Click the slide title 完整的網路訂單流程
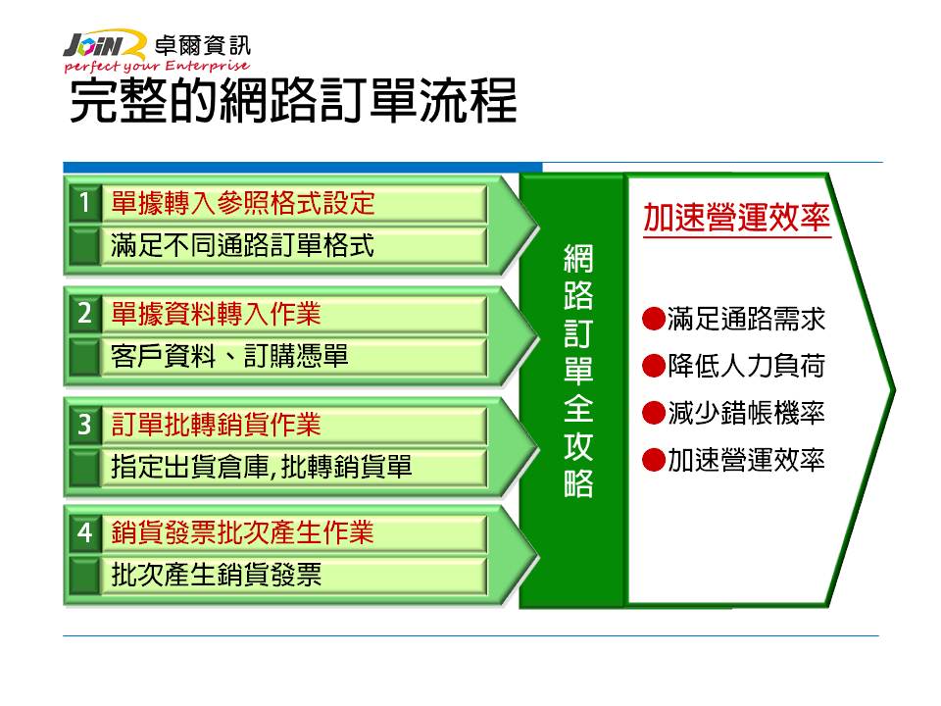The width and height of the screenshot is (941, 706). [x=293, y=101]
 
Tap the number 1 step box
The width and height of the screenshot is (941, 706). [x=84, y=202]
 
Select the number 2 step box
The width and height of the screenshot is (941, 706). [x=84, y=314]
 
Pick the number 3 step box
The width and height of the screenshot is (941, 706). [x=84, y=425]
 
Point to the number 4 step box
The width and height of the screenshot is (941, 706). [x=84, y=532]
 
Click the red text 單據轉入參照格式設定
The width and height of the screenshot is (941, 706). [x=243, y=203]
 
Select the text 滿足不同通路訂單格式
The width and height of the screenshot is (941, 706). [x=242, y=245]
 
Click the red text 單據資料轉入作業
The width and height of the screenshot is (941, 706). [x=216, y=314]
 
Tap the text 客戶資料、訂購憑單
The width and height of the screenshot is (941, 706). [x=229, y=355]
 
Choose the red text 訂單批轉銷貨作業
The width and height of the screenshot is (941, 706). [x=216, y=425]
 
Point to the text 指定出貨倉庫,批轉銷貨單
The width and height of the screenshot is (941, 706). [x=262, y=467]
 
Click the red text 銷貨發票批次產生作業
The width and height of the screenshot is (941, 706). [x=242, y=532]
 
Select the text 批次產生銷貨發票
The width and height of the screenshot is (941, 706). [x=216, y=575]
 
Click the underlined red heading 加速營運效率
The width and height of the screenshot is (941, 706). [x=737, y=218]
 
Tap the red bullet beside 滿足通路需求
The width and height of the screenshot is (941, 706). [x=654, y=319]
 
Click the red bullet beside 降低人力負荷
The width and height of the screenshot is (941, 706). [x=654, y=366]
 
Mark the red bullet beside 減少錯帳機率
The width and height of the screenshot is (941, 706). [x=654, y=413]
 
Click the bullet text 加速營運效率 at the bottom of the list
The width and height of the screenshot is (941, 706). [x=747, y=460]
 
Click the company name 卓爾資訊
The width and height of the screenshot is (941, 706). [x=202, y=45]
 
